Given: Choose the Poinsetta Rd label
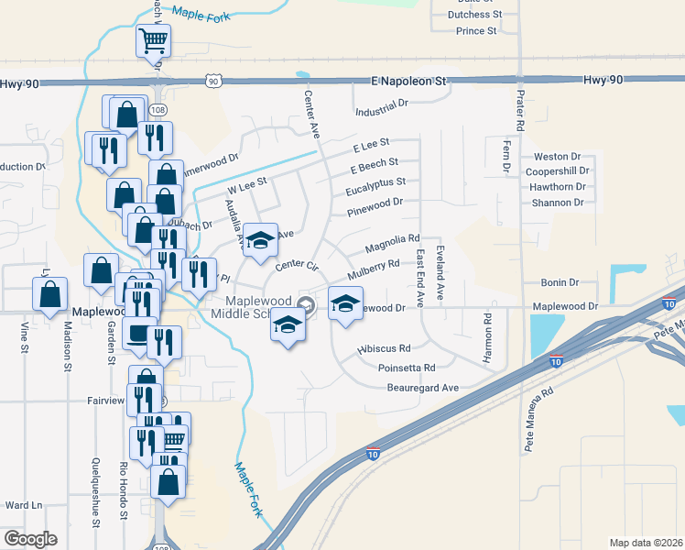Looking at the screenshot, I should tap(406, 368).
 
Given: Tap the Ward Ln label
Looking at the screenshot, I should tap(24, 505).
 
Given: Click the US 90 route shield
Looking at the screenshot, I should tap(212, 81).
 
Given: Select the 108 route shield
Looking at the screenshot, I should tap(158, 110).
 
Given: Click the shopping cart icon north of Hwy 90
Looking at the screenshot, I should tap(153, 39).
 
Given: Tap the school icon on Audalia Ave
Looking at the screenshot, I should tap(260, 239).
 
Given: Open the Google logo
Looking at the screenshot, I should tap(30, 539).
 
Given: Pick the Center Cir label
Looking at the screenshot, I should tap(296, 266).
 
